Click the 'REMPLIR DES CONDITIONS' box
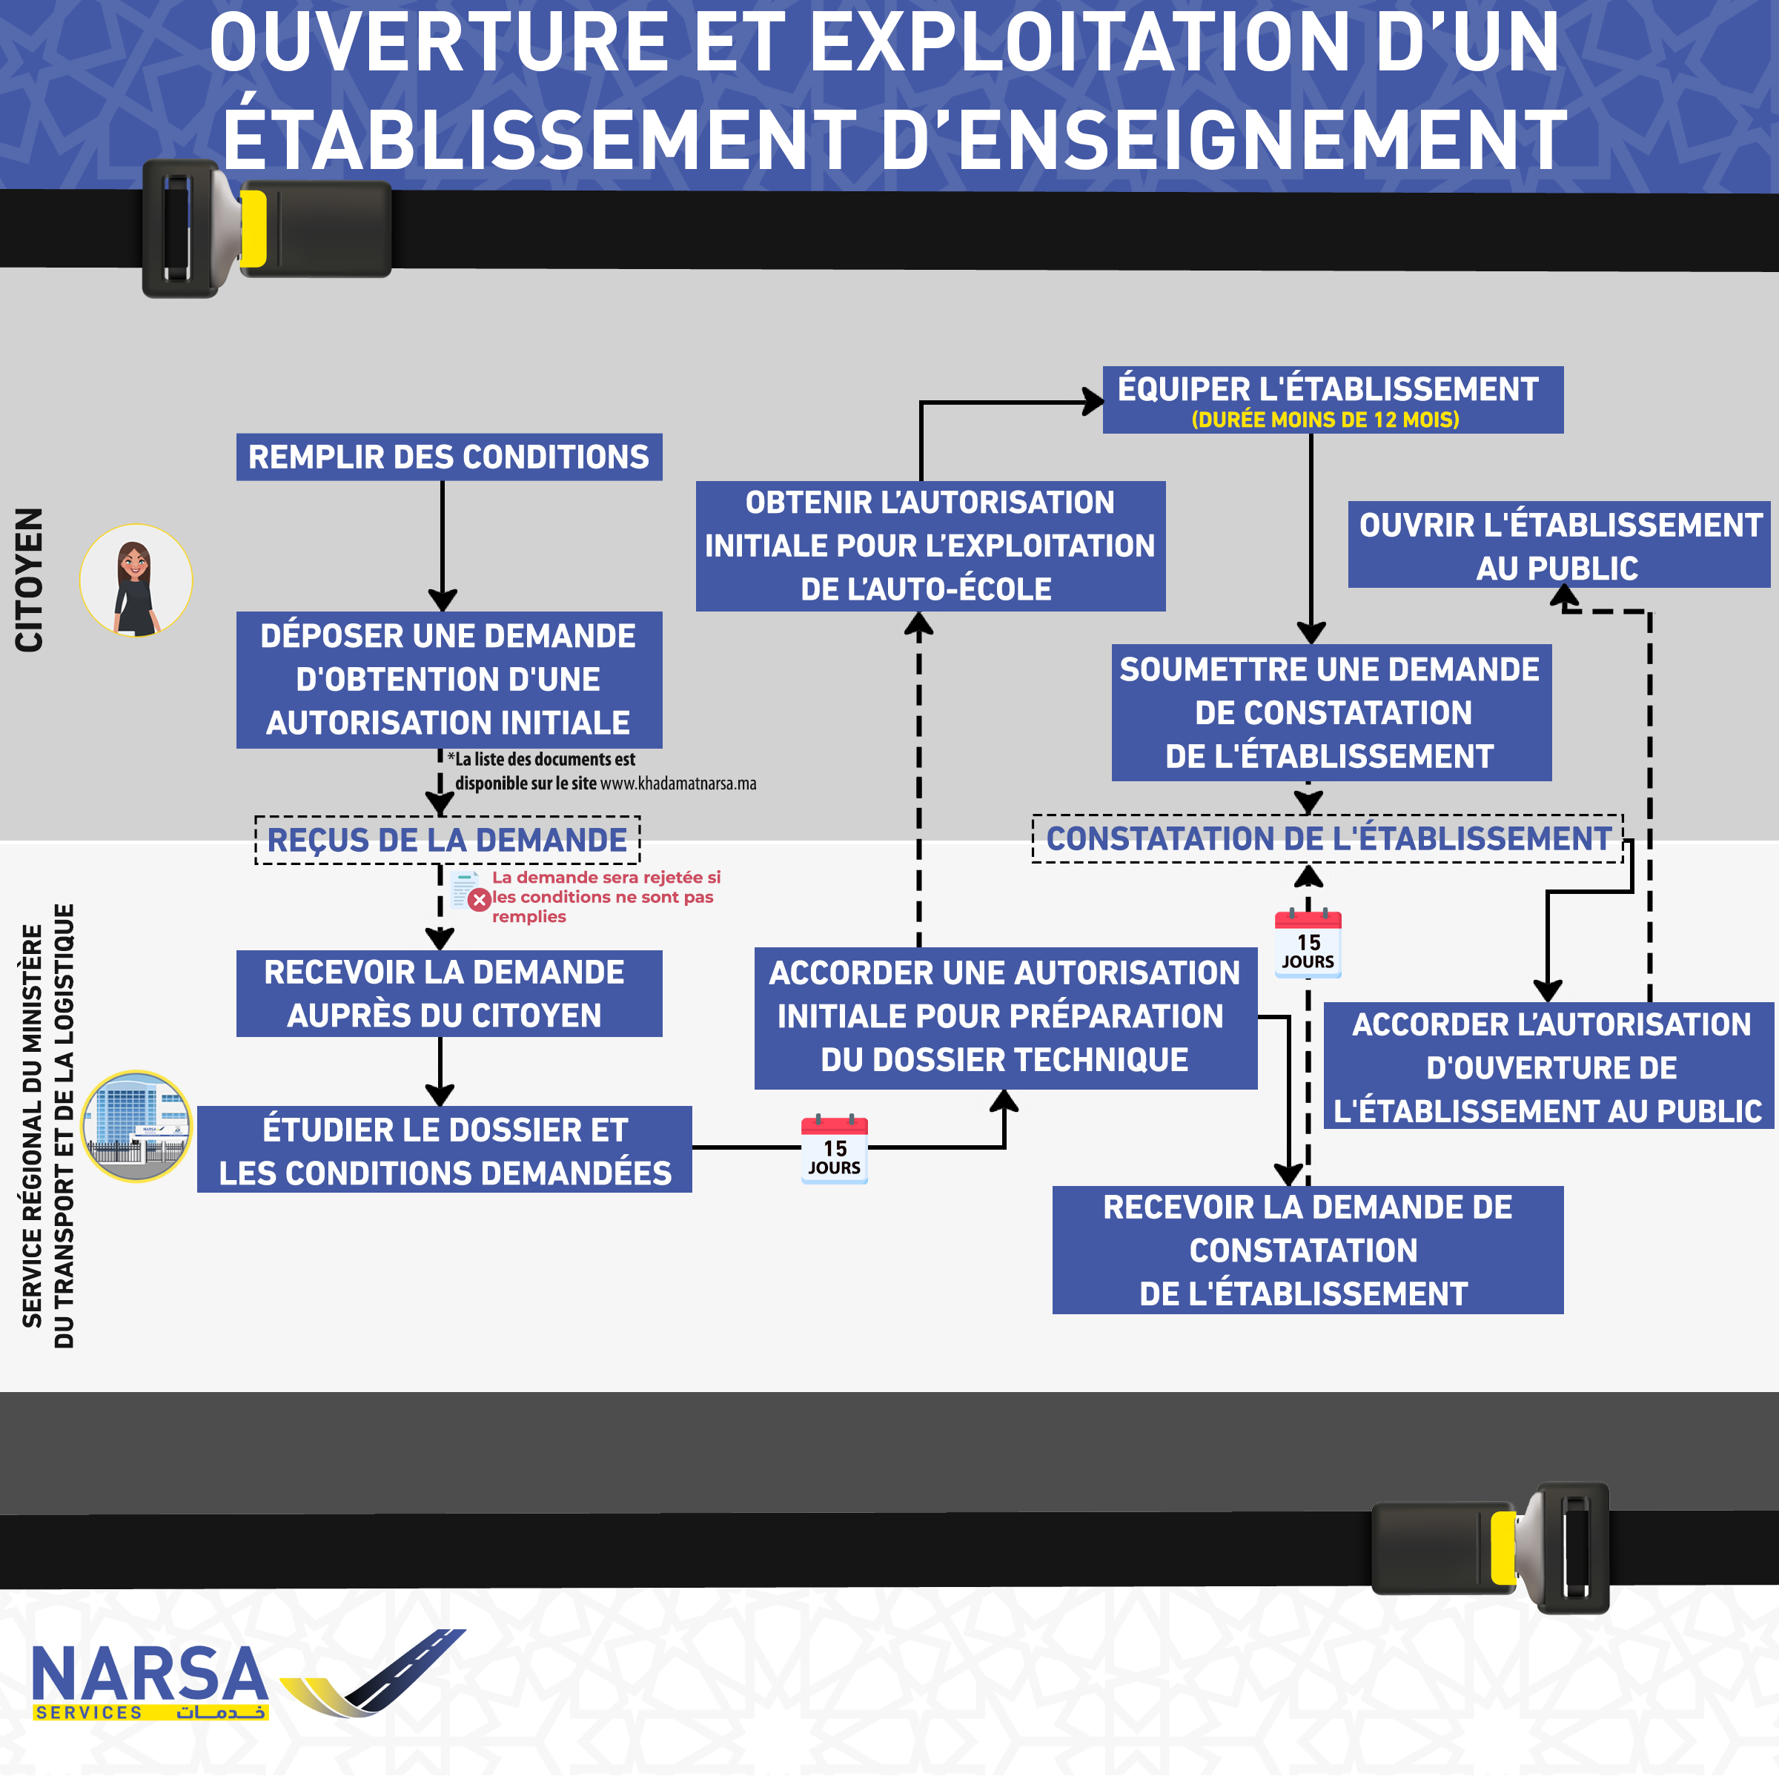(448, 457)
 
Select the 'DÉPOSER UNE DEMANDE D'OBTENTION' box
(448, 680)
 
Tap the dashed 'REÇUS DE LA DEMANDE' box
(448, 840)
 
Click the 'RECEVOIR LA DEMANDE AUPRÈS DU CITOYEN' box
(448, 993)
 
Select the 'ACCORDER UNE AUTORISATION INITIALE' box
(1004, 1018)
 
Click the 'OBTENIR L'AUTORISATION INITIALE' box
(930, 546)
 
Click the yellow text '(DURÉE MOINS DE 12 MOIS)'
(1325, 420)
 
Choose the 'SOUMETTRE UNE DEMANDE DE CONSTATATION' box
(1331, 712)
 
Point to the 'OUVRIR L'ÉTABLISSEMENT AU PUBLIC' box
(1558, 545)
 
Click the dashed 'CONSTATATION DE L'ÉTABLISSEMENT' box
(1327, 839)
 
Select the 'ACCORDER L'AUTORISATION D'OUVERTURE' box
(1548, 1067)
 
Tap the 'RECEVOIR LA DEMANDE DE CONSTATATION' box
(1307, 1250)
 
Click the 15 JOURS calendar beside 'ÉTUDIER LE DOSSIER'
(834, 1149)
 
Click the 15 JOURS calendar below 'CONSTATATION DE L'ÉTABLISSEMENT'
(1308, 944)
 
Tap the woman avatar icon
(136, 581)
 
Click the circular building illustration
(137, 1126)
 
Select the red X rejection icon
(479, 900)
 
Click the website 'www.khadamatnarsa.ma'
(679, 784)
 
